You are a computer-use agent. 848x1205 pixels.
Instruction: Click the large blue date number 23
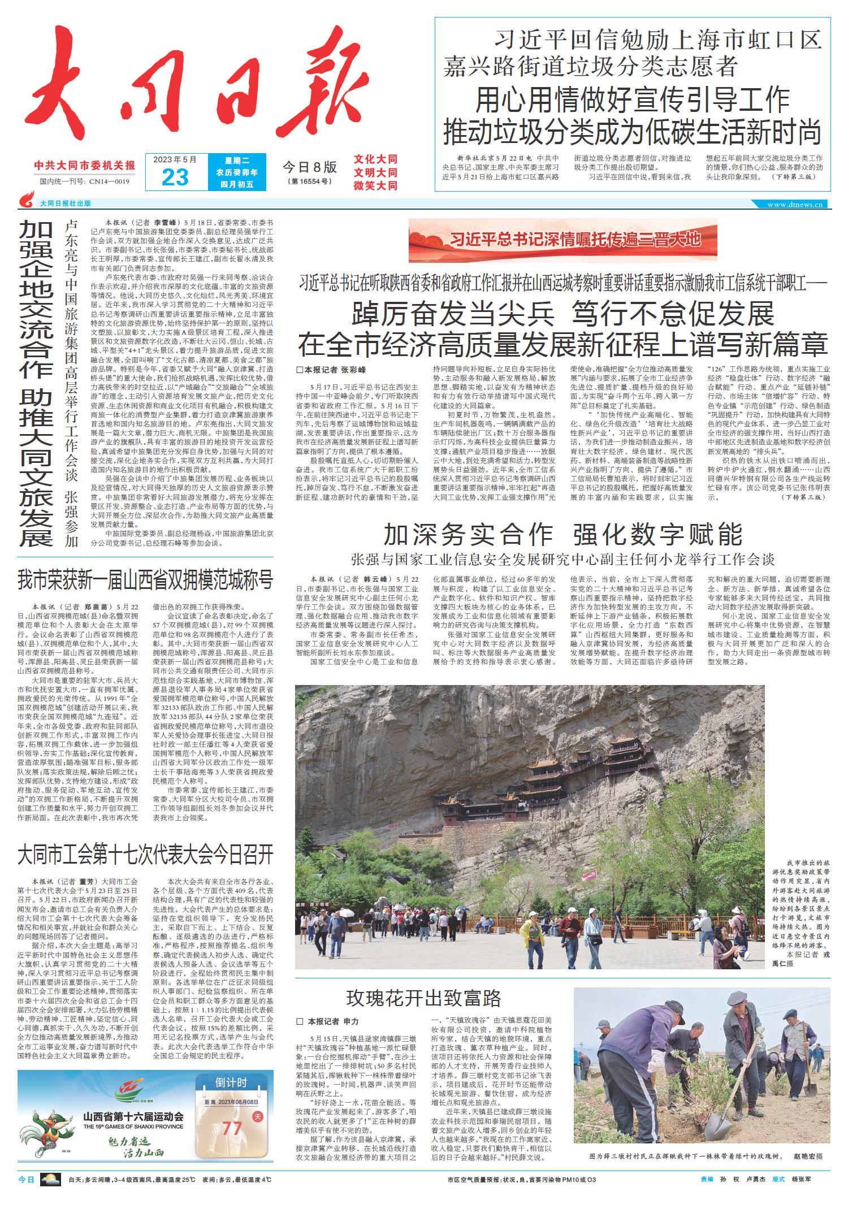(175, 177)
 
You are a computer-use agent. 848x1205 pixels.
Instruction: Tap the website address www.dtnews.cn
(797, 204)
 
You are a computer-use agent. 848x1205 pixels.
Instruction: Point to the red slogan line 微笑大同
(375, 185)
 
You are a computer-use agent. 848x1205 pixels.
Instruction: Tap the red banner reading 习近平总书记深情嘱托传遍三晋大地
(563, 240)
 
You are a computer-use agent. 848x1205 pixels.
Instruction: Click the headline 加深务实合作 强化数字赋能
(563, 534)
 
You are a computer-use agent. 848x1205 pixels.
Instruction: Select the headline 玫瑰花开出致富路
(423, 999)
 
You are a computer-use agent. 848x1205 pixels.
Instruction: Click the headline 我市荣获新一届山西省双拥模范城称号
(145, 580)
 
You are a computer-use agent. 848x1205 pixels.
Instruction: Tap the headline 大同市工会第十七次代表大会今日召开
(145, 855)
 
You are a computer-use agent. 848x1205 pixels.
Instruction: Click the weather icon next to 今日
(50, 1180)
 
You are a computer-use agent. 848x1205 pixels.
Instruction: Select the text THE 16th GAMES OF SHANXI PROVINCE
(133, 1126)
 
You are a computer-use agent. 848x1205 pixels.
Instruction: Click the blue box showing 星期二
(237, 161)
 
